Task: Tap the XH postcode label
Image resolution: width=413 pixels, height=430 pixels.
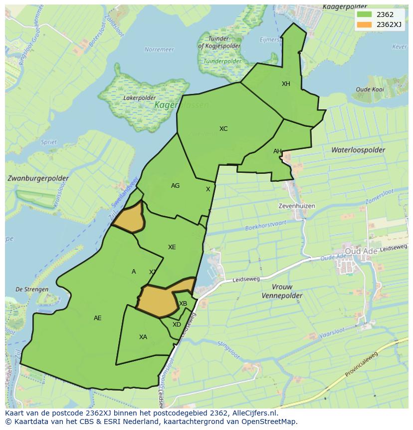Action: tap(286, 84)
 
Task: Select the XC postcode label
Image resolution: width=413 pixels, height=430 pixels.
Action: tap(223, 129)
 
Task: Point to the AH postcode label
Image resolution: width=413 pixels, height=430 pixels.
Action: tap(277, 151)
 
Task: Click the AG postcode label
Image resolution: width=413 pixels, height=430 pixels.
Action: tap(175, 186)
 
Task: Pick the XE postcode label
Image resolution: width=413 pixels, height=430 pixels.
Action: tap(172, 247)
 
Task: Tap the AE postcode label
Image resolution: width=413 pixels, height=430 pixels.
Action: tap(98, 318)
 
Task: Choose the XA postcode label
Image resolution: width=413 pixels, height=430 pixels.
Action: tap(143, 337)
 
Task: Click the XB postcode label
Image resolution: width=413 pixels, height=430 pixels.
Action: tap(183, 304)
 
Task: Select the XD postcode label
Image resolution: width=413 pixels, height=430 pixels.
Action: tap(177, 325)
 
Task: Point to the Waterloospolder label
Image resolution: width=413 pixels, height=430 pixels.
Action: tap(358, 150)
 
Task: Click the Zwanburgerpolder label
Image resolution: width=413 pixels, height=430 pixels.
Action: tap(38, 178)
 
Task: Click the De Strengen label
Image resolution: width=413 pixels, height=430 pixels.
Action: tap(32, 289)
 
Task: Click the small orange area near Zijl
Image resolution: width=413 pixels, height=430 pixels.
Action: tap(128, 218)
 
